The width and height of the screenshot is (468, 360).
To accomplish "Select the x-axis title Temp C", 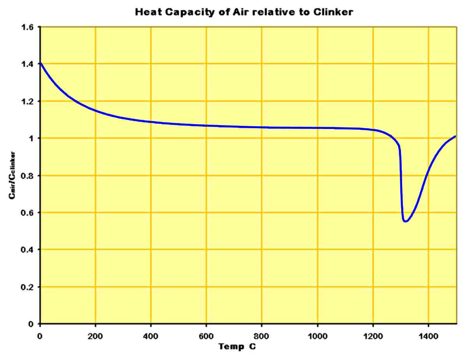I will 237,346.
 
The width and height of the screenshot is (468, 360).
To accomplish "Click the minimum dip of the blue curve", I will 406,221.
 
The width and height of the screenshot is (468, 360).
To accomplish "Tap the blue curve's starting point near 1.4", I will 41,63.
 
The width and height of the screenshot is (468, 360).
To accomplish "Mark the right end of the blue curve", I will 455,136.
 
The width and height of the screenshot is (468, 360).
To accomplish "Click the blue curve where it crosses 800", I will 262,127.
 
